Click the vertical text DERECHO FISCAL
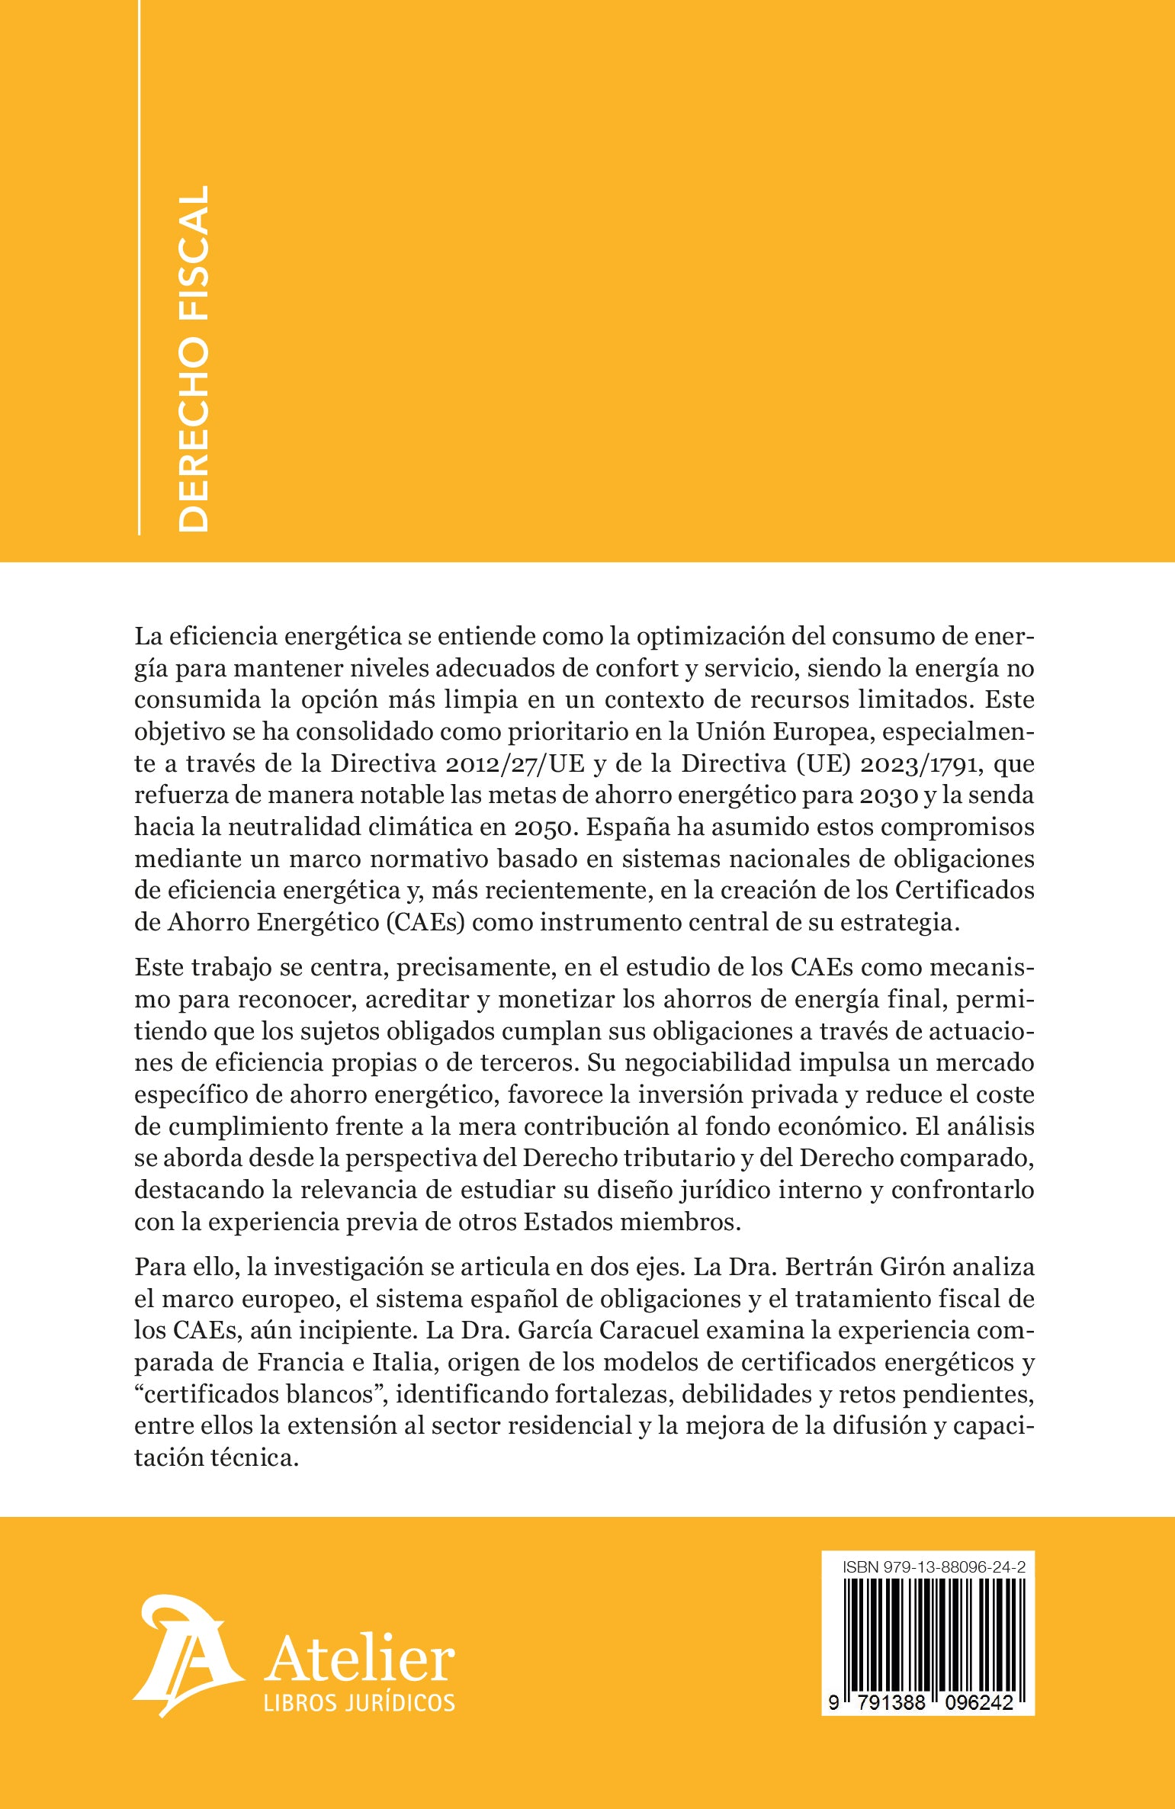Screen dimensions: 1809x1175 point(192,358)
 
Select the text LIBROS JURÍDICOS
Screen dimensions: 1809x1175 point(359,1701)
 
